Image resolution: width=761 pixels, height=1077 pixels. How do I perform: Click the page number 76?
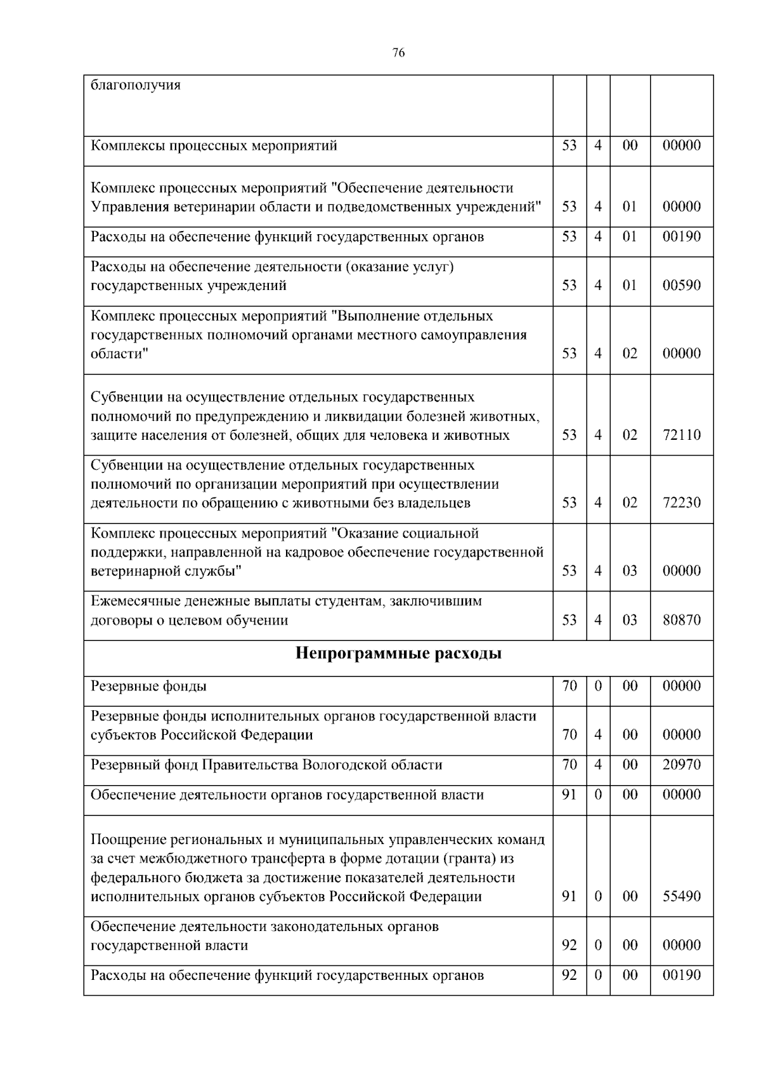[x=398, y=53]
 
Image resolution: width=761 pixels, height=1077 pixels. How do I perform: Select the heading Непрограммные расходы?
[x=398, y=653]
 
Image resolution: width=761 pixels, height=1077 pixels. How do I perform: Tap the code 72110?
[x=682, y=435]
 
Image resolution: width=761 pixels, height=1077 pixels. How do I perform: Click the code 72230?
[x=682, y=503]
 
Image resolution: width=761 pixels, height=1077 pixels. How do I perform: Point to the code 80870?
[x=682, y=620]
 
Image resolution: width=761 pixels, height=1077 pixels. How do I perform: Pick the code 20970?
[x=682, y=764]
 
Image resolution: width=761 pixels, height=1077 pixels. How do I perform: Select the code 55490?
[x=682, y=896]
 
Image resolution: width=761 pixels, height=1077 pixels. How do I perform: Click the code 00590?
[x=682, y=285]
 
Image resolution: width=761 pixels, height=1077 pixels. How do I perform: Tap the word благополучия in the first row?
[x=136, y=85]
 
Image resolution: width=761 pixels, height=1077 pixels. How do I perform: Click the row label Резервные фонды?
[x=148, y=686]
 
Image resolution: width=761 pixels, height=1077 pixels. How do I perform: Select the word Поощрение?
[x=128, y=840]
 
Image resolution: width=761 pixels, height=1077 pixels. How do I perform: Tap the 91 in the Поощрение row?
[x=569, y=896]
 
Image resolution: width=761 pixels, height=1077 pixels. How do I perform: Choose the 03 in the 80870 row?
[x=629, y=620]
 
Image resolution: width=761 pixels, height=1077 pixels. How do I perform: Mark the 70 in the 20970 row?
[x=569, y=764]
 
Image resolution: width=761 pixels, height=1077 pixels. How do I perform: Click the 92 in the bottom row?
[x=569, y=975]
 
